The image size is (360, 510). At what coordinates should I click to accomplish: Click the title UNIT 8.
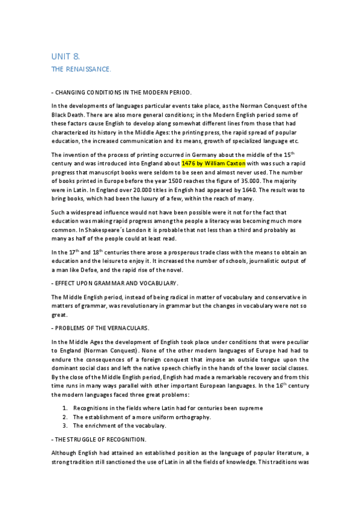(66, 56)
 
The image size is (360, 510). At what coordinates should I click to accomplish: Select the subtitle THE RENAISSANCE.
(81, 70)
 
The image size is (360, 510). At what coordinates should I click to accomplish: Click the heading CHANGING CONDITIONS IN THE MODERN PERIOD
(123, 92)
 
